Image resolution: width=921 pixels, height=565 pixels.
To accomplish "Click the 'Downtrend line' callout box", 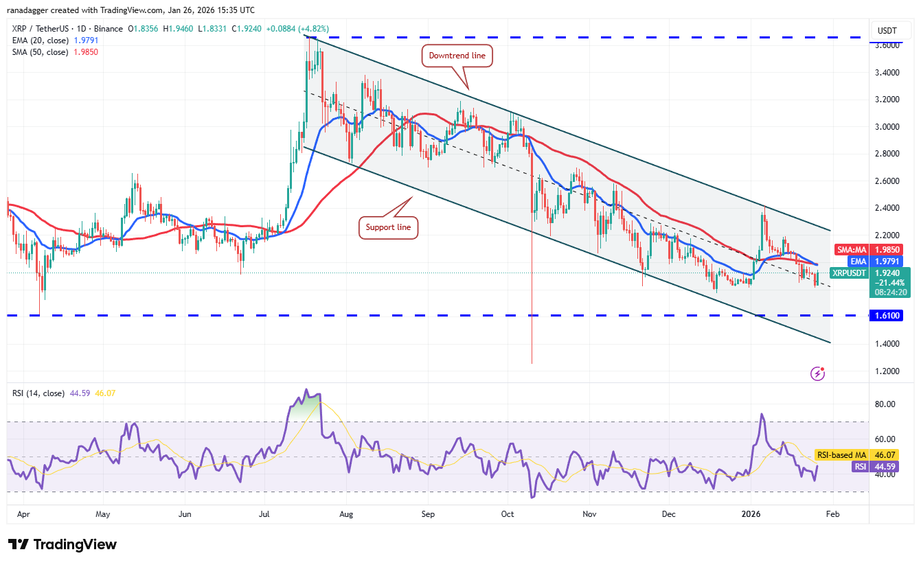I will (x=458, y=55).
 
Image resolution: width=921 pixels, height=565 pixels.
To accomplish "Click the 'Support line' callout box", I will (x=389, y=227).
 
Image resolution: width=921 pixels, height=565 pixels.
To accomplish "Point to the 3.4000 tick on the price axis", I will (x=890, y=72).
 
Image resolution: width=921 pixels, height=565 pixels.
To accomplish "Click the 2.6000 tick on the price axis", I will (x=890, y=181).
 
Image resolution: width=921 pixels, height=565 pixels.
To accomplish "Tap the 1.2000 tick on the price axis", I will (x=890, y=371).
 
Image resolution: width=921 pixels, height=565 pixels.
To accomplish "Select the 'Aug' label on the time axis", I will (x=347, y=514).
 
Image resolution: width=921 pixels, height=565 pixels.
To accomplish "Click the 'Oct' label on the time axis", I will (x=508, y=514).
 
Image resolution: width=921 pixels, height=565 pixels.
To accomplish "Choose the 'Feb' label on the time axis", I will (x=832, y=514).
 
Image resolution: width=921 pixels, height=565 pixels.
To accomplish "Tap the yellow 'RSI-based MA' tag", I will (x=841, y=454).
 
